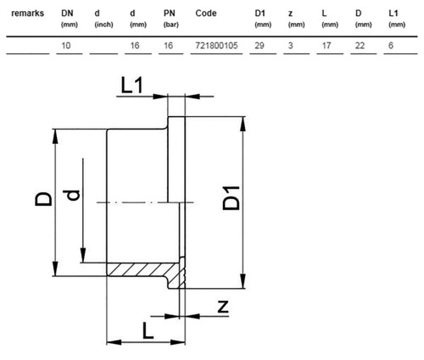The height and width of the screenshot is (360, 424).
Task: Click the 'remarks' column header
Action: [27, 14]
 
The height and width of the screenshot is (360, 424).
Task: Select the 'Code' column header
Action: [206, 14]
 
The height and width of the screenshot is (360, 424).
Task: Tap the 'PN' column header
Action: [170, 14]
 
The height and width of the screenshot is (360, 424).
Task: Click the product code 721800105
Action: [216, 46]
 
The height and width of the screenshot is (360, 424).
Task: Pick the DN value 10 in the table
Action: [66, 46]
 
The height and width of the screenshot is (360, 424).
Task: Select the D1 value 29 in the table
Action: [259, 46]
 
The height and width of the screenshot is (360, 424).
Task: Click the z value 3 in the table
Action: [291, 46]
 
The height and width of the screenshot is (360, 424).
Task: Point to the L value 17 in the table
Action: [326, 46]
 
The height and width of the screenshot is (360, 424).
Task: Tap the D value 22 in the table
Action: [360, 46]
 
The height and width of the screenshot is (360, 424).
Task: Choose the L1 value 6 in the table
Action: [391, 46]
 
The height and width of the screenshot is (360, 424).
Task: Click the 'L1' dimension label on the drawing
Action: [132, 86]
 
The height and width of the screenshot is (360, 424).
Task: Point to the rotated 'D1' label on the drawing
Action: [231, 198]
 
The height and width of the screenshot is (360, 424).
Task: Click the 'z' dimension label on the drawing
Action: [223, 307]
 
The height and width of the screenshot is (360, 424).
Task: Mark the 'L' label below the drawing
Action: [148, 330]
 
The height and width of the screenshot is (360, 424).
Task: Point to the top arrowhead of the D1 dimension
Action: [243, 124]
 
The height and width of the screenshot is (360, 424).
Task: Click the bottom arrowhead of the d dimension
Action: [83, 255]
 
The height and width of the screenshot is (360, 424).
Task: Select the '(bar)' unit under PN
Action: [171, 25]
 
